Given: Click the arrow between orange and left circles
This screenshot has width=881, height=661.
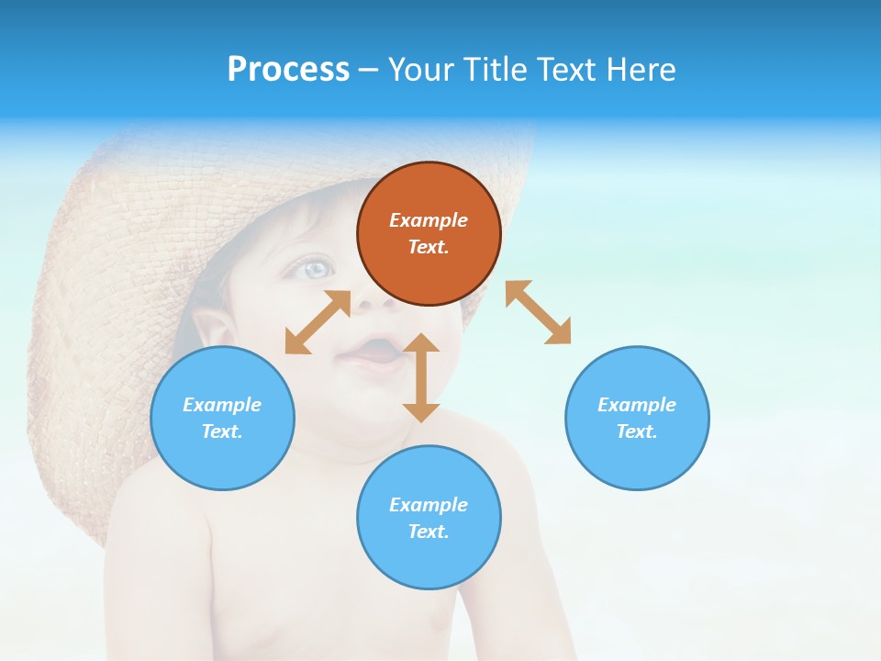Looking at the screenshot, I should (x=318, y=322).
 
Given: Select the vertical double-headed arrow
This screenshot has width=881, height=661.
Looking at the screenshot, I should (x=421, y=377).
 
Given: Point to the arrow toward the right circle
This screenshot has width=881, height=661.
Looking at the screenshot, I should (x=538, y=312).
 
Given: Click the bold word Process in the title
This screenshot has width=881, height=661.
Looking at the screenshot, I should (x=288, y=69).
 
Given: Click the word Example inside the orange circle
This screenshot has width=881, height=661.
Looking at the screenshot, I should (x=429, y=220).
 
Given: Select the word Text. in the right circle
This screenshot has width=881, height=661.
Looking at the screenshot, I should (x=637, y=431).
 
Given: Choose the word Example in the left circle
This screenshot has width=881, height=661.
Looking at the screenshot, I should (x=222, y=405).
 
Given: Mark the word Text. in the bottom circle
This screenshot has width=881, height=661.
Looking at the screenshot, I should (x=429, y=532).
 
